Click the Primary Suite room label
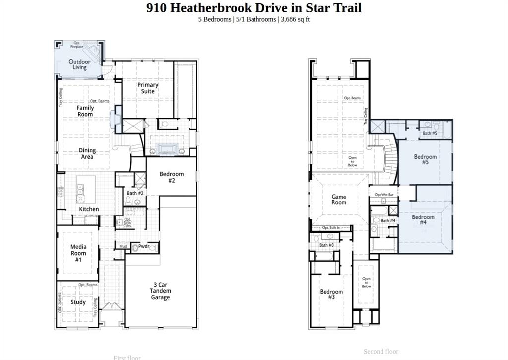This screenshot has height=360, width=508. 148,88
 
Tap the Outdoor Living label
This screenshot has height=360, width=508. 79,65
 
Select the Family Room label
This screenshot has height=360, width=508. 85,111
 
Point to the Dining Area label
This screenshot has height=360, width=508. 87,154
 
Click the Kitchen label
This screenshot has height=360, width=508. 89,209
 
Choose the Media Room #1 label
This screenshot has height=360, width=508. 78,253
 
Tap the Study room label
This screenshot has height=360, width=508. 78,302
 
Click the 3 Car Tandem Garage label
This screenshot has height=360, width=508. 160,291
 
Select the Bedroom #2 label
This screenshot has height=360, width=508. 171,177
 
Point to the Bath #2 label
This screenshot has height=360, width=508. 135,193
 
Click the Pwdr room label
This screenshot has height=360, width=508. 144,246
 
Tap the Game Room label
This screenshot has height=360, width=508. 339,199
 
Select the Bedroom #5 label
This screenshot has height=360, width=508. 425,159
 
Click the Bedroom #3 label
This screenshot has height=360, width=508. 331,294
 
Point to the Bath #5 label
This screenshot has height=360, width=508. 430,133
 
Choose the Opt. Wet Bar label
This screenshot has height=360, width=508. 384,195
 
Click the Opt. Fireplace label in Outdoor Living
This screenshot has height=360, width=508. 77,45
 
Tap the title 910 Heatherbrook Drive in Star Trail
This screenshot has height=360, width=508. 254,8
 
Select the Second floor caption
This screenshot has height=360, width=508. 381,351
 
